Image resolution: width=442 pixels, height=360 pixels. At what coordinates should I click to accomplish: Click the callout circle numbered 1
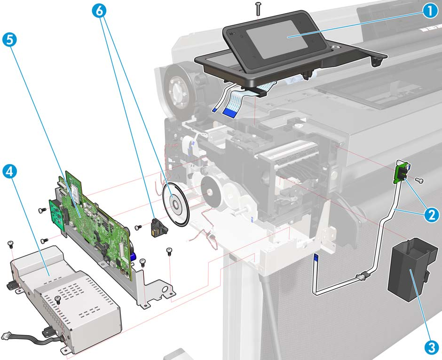click(430, 11)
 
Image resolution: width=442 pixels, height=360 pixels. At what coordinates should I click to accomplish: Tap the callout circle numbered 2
click(431, 215)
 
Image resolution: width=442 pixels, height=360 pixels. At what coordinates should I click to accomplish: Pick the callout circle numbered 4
click(9, 171)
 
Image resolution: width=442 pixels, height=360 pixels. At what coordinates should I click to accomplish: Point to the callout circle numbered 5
click(9, 40)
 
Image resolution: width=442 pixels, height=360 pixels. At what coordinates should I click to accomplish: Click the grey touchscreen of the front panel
click(276, 39)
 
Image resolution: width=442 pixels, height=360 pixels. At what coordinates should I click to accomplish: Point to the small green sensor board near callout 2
click(403, 172)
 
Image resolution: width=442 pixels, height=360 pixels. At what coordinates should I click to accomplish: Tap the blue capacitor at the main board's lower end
click(134, 256)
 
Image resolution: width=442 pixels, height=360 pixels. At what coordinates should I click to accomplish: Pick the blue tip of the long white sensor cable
click(316, 257)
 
